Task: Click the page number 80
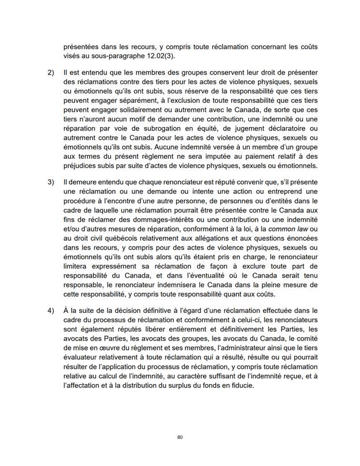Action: tap(180, 437)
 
